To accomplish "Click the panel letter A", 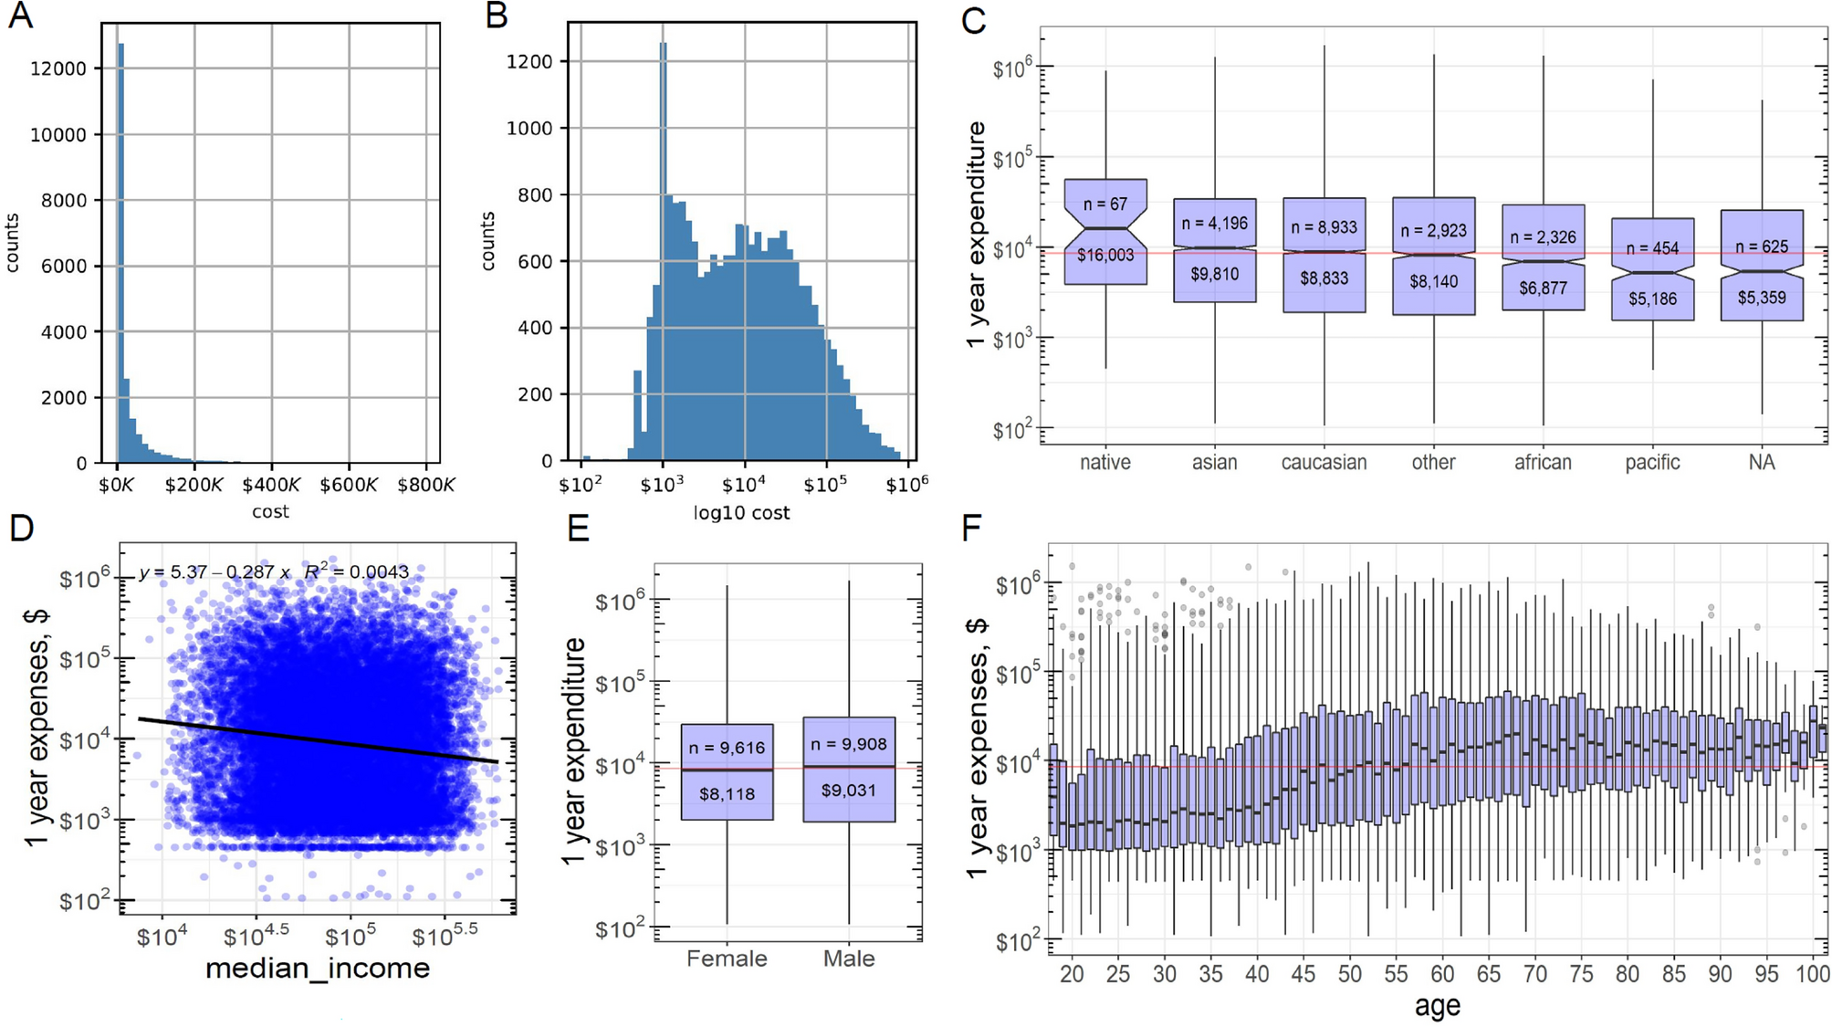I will pos(20,16).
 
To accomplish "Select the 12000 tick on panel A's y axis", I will pos(58,69).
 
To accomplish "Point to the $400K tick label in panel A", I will pos(271,485).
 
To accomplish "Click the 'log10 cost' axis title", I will pos(741,513).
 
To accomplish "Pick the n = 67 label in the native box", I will pos(1104,204).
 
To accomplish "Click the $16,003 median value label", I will pos(1104,256).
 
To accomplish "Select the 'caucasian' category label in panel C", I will pos(1324,463).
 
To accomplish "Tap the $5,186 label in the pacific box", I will pos(1652,299).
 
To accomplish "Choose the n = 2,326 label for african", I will pos(1543,237).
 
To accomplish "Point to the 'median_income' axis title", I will pos(318,969).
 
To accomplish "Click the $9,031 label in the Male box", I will pos(849,791).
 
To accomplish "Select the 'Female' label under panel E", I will pos(727,959).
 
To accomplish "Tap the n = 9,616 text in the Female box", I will pos(727,749).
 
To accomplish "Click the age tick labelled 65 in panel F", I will pos(1489,974).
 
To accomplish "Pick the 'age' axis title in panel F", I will pos(1437,1006).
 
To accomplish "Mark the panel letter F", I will pos(972,528).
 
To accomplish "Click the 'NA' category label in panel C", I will pos(1762,463).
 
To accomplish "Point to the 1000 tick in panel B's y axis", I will pos(529,129).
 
